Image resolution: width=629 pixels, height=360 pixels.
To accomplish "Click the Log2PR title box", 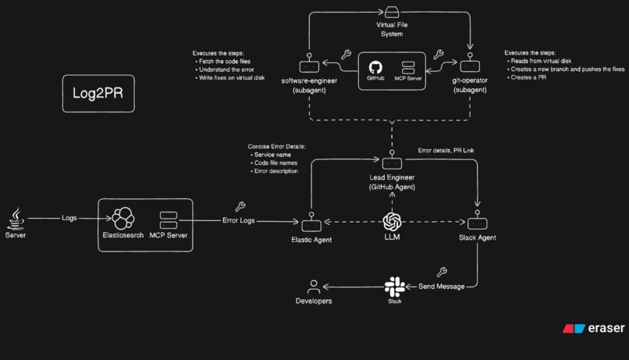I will point(92,94).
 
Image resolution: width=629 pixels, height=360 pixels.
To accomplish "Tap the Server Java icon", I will point(16,216).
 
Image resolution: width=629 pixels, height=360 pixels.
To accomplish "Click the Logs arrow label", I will point(69,218).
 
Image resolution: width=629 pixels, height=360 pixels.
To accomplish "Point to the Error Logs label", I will point(240,221).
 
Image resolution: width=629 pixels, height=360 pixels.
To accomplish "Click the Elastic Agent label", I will point(311,240).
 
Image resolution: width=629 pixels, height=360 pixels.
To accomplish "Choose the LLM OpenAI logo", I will point(392,221).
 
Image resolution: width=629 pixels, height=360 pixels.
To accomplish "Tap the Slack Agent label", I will point(478,236).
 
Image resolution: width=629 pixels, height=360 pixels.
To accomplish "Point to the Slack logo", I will point(393,285).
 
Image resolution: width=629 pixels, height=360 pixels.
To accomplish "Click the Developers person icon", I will point(314,286).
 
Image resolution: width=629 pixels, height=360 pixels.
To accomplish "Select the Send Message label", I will point(442,287).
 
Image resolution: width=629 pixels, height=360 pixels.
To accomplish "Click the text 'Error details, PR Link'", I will point(450,150).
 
